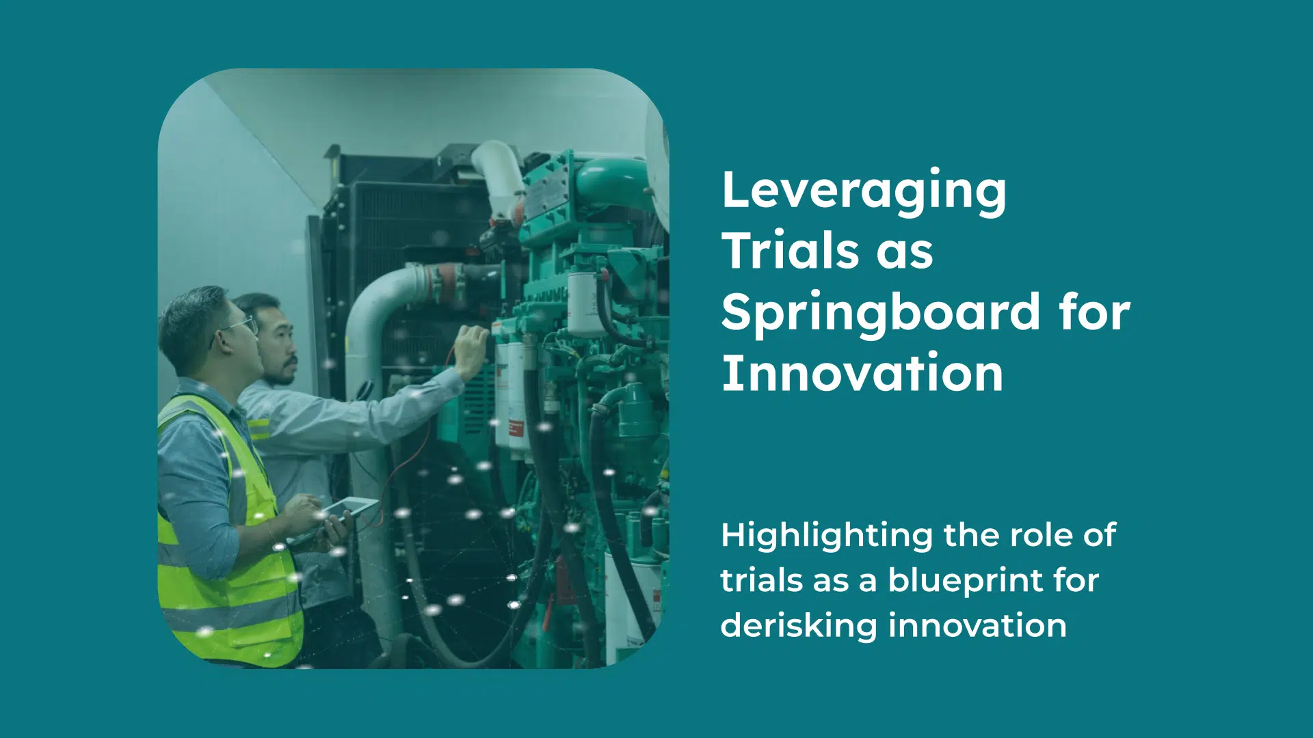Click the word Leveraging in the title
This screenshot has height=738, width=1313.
864,193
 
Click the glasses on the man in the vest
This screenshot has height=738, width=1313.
236,328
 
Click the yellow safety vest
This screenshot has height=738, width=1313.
226,540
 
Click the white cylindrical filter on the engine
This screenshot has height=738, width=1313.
586,305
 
